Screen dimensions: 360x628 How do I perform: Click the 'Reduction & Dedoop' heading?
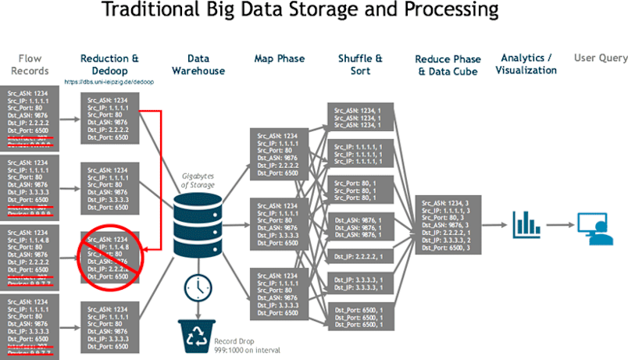[109, 65]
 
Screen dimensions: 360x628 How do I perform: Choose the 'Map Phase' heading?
[279, 59]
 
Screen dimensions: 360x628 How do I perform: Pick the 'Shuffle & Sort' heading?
[360, 65]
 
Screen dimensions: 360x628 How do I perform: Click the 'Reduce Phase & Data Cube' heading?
[448, 65]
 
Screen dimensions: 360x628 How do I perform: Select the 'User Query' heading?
[600, 58]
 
